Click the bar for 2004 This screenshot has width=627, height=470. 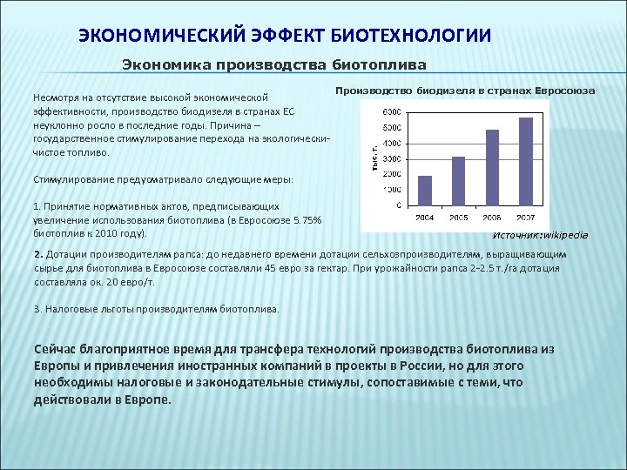[x=425, y=190]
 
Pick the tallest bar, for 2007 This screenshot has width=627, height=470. [x=525, y=161]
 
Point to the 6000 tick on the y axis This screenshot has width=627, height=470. [x=391, y=112]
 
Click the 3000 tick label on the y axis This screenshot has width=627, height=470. [x=391, y=159]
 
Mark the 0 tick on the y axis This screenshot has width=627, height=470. [x=398, y=206]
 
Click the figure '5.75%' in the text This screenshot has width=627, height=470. [x=307, y=221]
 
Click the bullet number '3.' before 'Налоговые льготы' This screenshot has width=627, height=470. [x=37, y=309]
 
